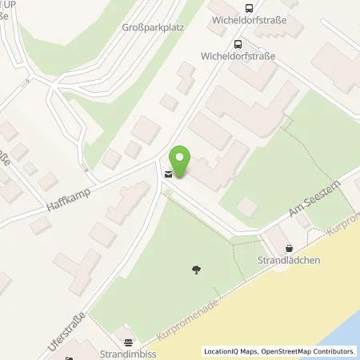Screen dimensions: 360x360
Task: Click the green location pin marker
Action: [181, 161]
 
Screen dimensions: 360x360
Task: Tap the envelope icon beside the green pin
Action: [167, 174]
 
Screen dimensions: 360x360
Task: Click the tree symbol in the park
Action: [197, 270]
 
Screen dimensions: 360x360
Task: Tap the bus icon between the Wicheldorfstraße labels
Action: [238, 45]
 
